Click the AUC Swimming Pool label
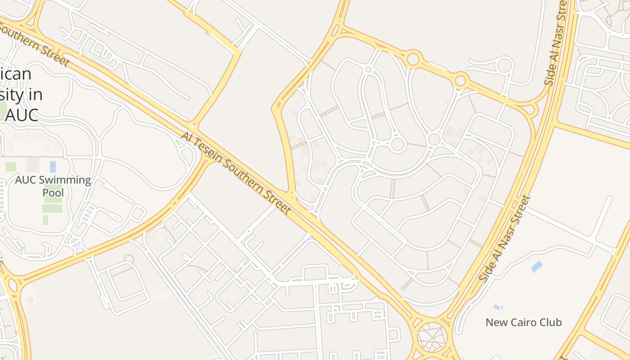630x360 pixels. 53,186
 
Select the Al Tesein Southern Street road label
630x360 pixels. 236,172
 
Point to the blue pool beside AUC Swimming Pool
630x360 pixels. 53,166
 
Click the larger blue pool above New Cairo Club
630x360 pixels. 537,266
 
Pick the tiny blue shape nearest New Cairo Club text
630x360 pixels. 497,307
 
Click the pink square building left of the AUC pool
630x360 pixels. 32,165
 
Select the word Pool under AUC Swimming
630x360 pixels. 53,193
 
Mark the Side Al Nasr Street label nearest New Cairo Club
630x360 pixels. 505,238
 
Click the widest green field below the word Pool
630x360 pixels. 53,208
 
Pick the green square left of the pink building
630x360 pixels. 11,166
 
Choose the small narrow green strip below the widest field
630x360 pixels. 45,220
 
